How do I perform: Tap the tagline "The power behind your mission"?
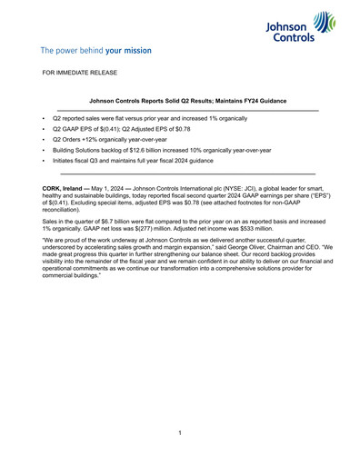95,51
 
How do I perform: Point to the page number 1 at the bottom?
180,432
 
